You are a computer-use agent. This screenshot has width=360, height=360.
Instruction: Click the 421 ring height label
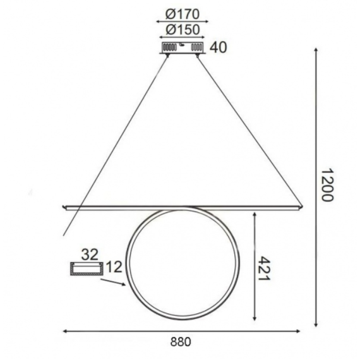tap(264, 268)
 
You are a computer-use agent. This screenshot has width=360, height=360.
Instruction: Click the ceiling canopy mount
tap(181, 48)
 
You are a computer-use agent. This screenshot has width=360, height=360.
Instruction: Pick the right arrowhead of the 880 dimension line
tap(301, 330)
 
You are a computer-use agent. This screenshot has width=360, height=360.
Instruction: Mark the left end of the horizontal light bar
tap(63, 206)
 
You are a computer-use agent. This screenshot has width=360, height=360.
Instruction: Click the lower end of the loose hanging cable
tap(64, 236)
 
